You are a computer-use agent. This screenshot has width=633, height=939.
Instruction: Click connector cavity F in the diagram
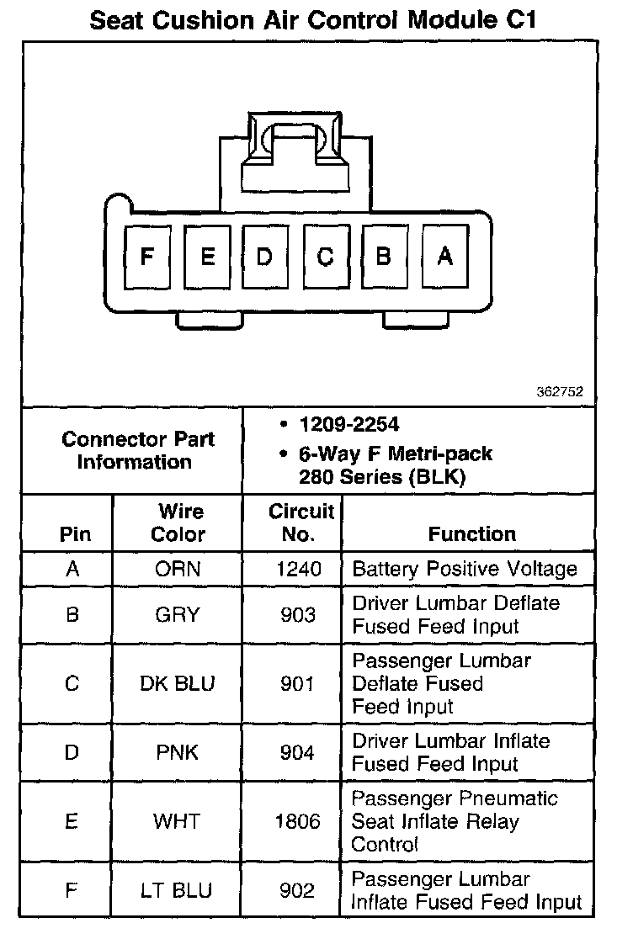click(147, 257)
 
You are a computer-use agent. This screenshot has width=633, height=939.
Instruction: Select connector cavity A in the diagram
click(444, 257)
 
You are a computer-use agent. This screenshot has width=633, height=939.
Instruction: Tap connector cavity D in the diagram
click(265, 257)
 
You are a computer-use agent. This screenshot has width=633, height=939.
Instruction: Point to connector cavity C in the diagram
click(325, 257)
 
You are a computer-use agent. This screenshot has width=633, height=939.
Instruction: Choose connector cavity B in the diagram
click(384, 257)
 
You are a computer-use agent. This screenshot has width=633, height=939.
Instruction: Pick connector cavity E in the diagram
click(206, 257)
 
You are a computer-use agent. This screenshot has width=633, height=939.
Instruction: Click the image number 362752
click(559, 392)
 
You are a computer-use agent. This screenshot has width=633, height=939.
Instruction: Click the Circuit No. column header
click(301, 523)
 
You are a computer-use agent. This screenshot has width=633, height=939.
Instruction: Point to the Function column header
click(471, 533)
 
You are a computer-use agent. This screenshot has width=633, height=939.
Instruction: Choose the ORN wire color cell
click(178, 569)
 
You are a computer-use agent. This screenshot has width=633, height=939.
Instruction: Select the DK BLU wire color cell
click(178, 683)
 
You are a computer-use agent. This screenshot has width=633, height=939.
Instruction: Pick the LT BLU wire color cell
click(178, 890)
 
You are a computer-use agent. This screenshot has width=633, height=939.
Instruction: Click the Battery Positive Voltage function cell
click(465, 569)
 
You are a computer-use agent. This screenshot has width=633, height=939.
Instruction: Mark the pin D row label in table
click(72, 751)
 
